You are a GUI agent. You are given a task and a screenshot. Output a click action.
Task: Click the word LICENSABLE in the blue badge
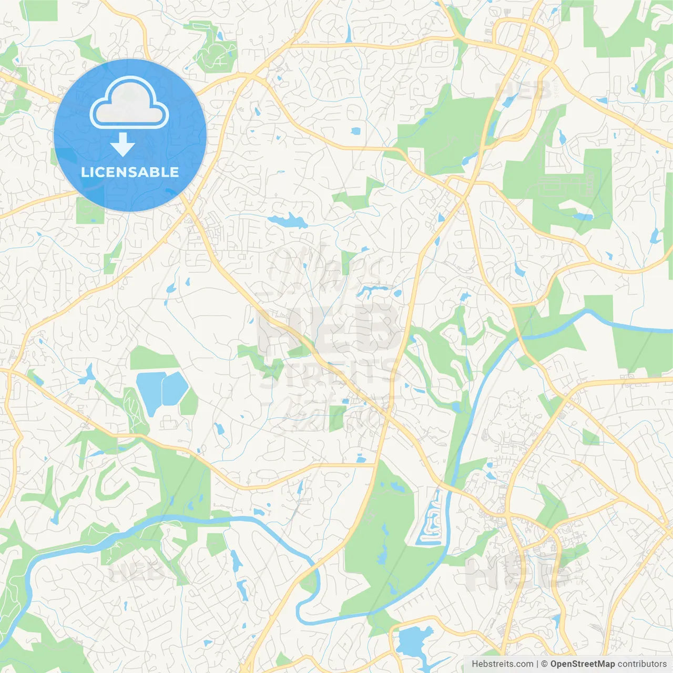(130, 172)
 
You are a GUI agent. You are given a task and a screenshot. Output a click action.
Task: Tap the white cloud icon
(129, 104)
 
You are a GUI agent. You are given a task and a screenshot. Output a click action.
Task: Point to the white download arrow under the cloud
(123, 145)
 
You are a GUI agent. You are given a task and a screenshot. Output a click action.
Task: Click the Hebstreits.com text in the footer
(502, 664)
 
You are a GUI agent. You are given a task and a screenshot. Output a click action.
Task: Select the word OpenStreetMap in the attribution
(582, 664)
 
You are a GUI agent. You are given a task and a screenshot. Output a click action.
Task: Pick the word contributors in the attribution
(642, 664)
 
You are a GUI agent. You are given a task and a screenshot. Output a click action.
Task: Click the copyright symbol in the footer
(545, 664)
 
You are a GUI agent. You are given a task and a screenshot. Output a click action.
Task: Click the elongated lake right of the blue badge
(287, 221)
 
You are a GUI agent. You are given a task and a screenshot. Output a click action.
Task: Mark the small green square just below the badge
(90, 212)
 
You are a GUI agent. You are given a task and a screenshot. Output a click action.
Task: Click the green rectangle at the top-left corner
(39, 11)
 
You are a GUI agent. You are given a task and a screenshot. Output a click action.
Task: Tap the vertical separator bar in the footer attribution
(537, 664)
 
